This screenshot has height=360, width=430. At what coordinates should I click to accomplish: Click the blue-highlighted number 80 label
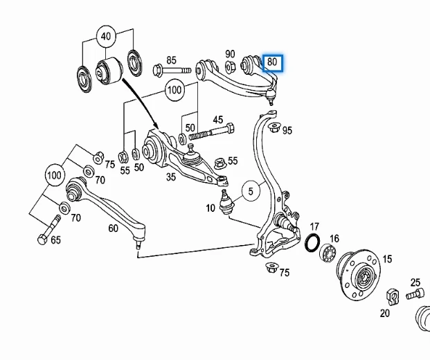point(272,62)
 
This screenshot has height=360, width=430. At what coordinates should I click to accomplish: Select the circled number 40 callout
point(106,37)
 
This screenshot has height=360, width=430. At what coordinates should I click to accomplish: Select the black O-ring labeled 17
point(312,244)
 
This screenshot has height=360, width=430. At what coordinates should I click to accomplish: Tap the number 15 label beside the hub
point(386,259)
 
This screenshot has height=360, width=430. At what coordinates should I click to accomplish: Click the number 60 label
point(114,227)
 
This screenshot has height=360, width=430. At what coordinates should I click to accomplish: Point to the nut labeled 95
point(274,127)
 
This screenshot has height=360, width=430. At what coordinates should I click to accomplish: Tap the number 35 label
point(170,177)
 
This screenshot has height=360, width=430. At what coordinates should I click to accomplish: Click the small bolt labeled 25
point(415,294)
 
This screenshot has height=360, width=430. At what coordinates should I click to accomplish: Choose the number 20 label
point(384,313)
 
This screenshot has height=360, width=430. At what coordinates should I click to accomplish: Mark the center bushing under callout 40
point(107,69)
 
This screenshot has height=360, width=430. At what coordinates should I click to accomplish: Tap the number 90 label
point(230,55)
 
